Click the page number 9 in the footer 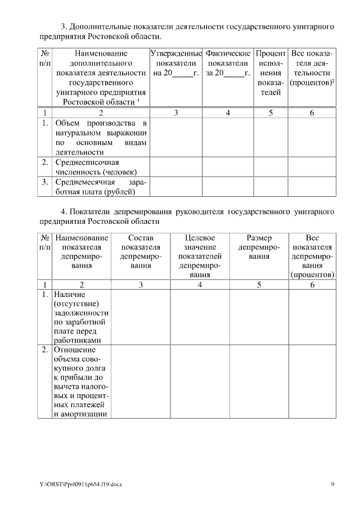(332, 484)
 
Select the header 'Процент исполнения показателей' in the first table (271, 73)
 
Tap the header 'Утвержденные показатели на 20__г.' (176, 64)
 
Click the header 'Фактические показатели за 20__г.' (228, 64)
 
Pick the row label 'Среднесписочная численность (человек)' (96, 167)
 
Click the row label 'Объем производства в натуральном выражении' (101, 137)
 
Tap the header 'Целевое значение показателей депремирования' (200, 256)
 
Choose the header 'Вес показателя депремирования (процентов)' (312, 256)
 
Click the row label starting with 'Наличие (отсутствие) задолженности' (82, 317)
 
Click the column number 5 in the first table (271, 113)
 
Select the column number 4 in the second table (200, 285)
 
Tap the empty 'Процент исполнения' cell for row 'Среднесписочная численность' (271, 167)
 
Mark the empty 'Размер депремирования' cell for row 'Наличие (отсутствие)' (259, 317)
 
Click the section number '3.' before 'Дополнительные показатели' (64, 26)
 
